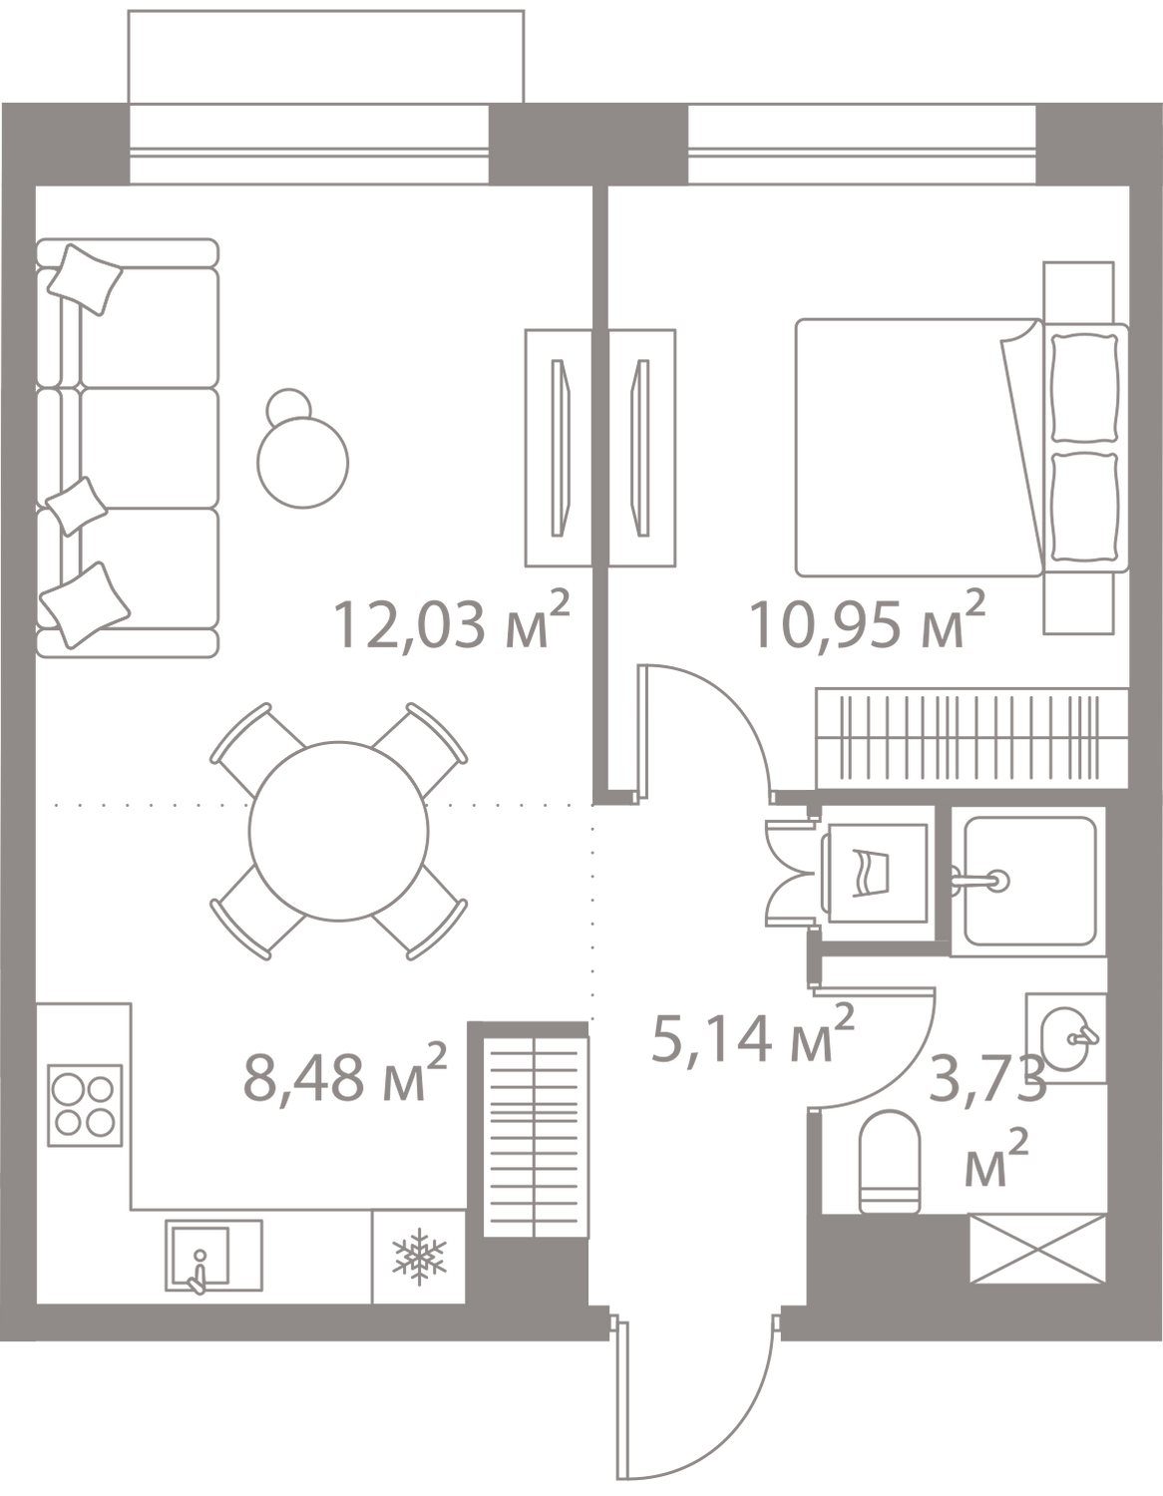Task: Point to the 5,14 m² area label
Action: click(752, 1033)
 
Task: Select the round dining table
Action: click(338, 831)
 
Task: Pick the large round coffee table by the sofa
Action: click(303, 463)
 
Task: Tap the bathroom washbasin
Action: click(1066, 1038)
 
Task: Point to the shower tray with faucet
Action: click(1028, 881)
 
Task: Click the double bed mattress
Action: click(919, 447)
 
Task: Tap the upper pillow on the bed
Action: click(1084, 388)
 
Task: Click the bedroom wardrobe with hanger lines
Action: click(971, 738)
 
